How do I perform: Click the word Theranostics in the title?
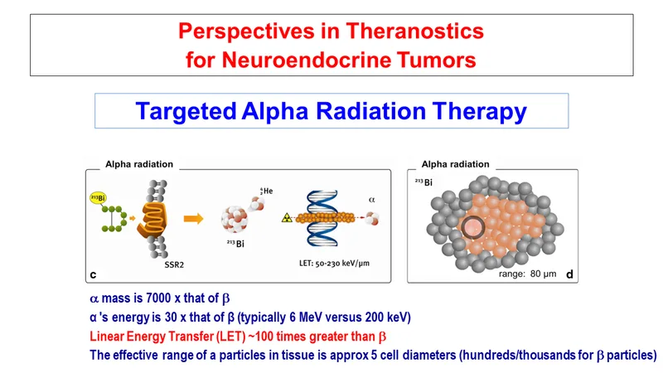(414, 31)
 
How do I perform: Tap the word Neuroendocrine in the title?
(307, 60)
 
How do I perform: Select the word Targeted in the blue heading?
(186, 111)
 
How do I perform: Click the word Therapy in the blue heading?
(480, 112)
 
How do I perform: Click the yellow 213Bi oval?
(98, 198)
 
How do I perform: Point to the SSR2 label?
(174, 265)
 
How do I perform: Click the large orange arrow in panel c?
(193, 219)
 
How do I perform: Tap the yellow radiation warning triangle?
(287, 218)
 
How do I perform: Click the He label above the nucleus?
(266, 191)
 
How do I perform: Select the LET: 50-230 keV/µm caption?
(334, 263)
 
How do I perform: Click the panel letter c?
(93, 275)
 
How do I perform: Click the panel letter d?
(569, 274)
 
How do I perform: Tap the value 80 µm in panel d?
(543, 274)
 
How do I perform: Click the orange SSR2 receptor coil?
(152, 219)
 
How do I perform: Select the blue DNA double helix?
(322, 218)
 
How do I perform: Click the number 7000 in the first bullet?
(158, 298)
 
